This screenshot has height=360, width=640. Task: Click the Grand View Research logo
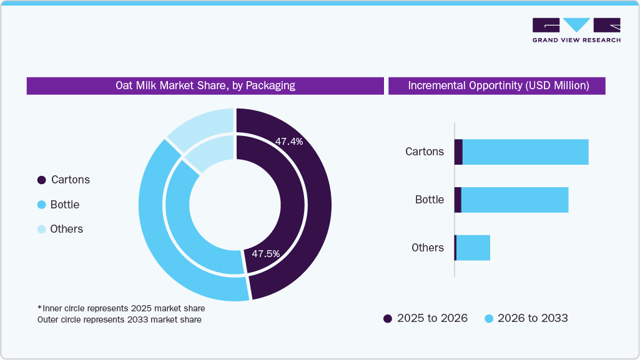pos(576,29)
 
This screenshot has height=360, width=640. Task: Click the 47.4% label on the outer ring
pos(289,142)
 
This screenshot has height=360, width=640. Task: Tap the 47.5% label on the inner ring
pos(265,254)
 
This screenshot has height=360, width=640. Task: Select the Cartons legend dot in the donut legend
pos(42,180)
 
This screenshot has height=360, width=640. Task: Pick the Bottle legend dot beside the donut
pos(42,205)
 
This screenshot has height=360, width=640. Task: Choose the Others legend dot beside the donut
pos(42,229)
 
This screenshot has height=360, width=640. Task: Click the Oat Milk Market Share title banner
pos(205,85)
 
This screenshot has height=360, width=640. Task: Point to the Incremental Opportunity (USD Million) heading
pos(498,85)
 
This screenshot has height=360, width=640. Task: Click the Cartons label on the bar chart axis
pos(425,152)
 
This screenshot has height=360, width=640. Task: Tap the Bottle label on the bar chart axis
pos(430,200)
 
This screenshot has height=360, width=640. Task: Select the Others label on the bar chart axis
pos(428,248)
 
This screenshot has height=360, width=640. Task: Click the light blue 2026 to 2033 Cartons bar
pos(525,152)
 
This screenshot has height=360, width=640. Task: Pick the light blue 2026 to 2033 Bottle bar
pos(514,200)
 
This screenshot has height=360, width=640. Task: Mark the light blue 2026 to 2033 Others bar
pos(473,248)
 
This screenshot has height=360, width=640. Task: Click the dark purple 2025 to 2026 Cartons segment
pos(458,152)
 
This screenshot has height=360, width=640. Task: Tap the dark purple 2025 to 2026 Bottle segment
pos(458,200)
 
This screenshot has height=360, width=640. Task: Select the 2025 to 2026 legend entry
pos(425,318)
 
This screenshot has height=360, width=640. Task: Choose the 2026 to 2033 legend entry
pos(526,318)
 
